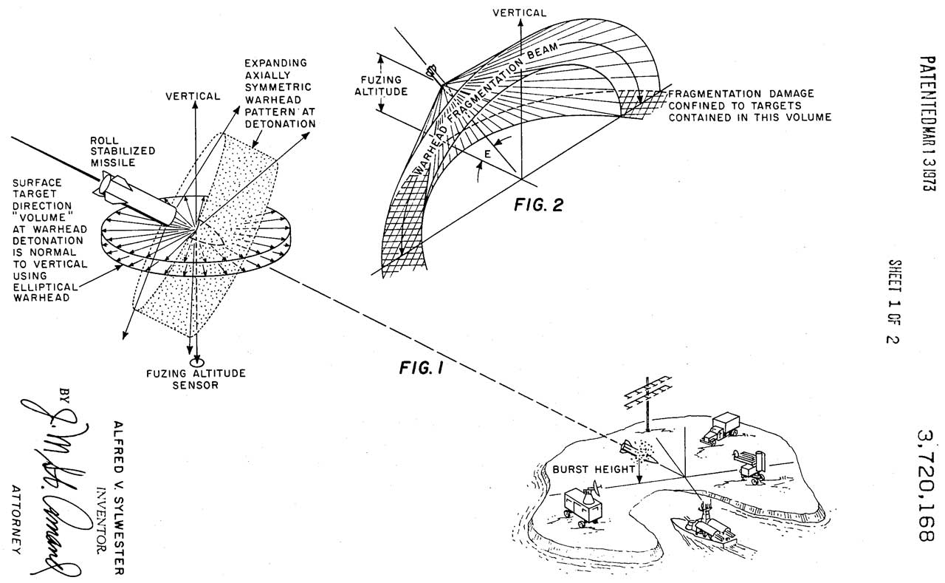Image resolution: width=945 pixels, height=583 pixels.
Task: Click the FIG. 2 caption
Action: click(538, 205)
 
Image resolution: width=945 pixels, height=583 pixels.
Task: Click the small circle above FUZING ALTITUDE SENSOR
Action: click(196, 362)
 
